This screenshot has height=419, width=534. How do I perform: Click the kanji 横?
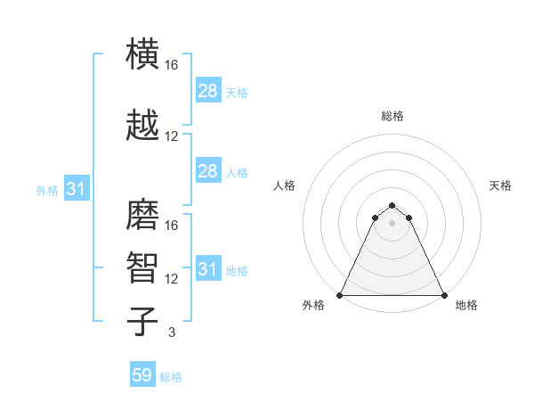click(142, 53)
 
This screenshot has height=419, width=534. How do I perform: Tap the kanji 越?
click(142, 125)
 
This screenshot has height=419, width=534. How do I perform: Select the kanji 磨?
click(142, 214)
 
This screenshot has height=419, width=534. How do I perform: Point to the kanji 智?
click(142, 267)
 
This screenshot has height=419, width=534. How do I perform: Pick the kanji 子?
click(142, 321)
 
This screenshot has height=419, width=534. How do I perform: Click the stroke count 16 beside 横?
click(171, 65)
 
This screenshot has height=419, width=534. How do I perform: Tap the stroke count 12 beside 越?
click(171, 136)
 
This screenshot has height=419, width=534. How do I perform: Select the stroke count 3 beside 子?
click(172, 332)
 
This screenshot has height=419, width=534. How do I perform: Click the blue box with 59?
click(142, 374)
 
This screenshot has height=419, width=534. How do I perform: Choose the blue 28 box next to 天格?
click(208, 90)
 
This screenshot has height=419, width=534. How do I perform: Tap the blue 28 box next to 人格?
click(208, 170)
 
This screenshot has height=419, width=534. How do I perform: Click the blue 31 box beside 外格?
click(77, 188)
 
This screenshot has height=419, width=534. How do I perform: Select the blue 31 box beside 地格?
click(208, 267)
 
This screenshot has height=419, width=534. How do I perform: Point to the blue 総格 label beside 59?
click(171, 377)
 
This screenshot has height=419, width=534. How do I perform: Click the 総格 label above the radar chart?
click(392, 116)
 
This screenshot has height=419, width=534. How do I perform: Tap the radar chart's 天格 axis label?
click(500, 185)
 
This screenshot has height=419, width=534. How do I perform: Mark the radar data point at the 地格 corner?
click(444, 295)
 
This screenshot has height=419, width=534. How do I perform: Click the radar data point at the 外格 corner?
click(340, 295)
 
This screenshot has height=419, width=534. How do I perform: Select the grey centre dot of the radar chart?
click(392, 223)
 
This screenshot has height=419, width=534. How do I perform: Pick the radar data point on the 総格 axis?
click(392, 205)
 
